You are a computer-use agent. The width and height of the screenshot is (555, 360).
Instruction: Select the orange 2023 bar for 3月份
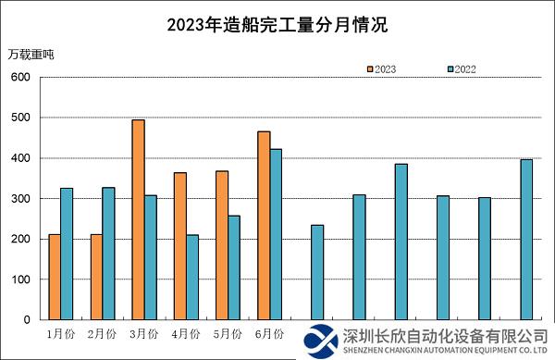click(139, 219)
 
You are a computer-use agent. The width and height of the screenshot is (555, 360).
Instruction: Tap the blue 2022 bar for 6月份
click(276, 234)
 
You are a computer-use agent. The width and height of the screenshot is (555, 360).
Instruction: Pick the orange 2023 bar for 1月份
click(55, 277)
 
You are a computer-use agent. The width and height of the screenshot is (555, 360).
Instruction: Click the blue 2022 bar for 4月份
click(192, 277)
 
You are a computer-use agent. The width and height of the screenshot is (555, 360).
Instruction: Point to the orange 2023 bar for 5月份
click(222, 245)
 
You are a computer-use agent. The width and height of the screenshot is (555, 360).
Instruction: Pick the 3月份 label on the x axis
click(143, 332)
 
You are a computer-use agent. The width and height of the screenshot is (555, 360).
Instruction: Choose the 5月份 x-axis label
click(228, 332)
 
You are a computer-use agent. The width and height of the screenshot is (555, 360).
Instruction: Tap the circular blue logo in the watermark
click(323, 340)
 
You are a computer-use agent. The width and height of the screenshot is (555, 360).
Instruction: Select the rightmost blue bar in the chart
click(526, 240)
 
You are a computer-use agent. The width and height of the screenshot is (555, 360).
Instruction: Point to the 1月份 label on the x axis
click(60, 332)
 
